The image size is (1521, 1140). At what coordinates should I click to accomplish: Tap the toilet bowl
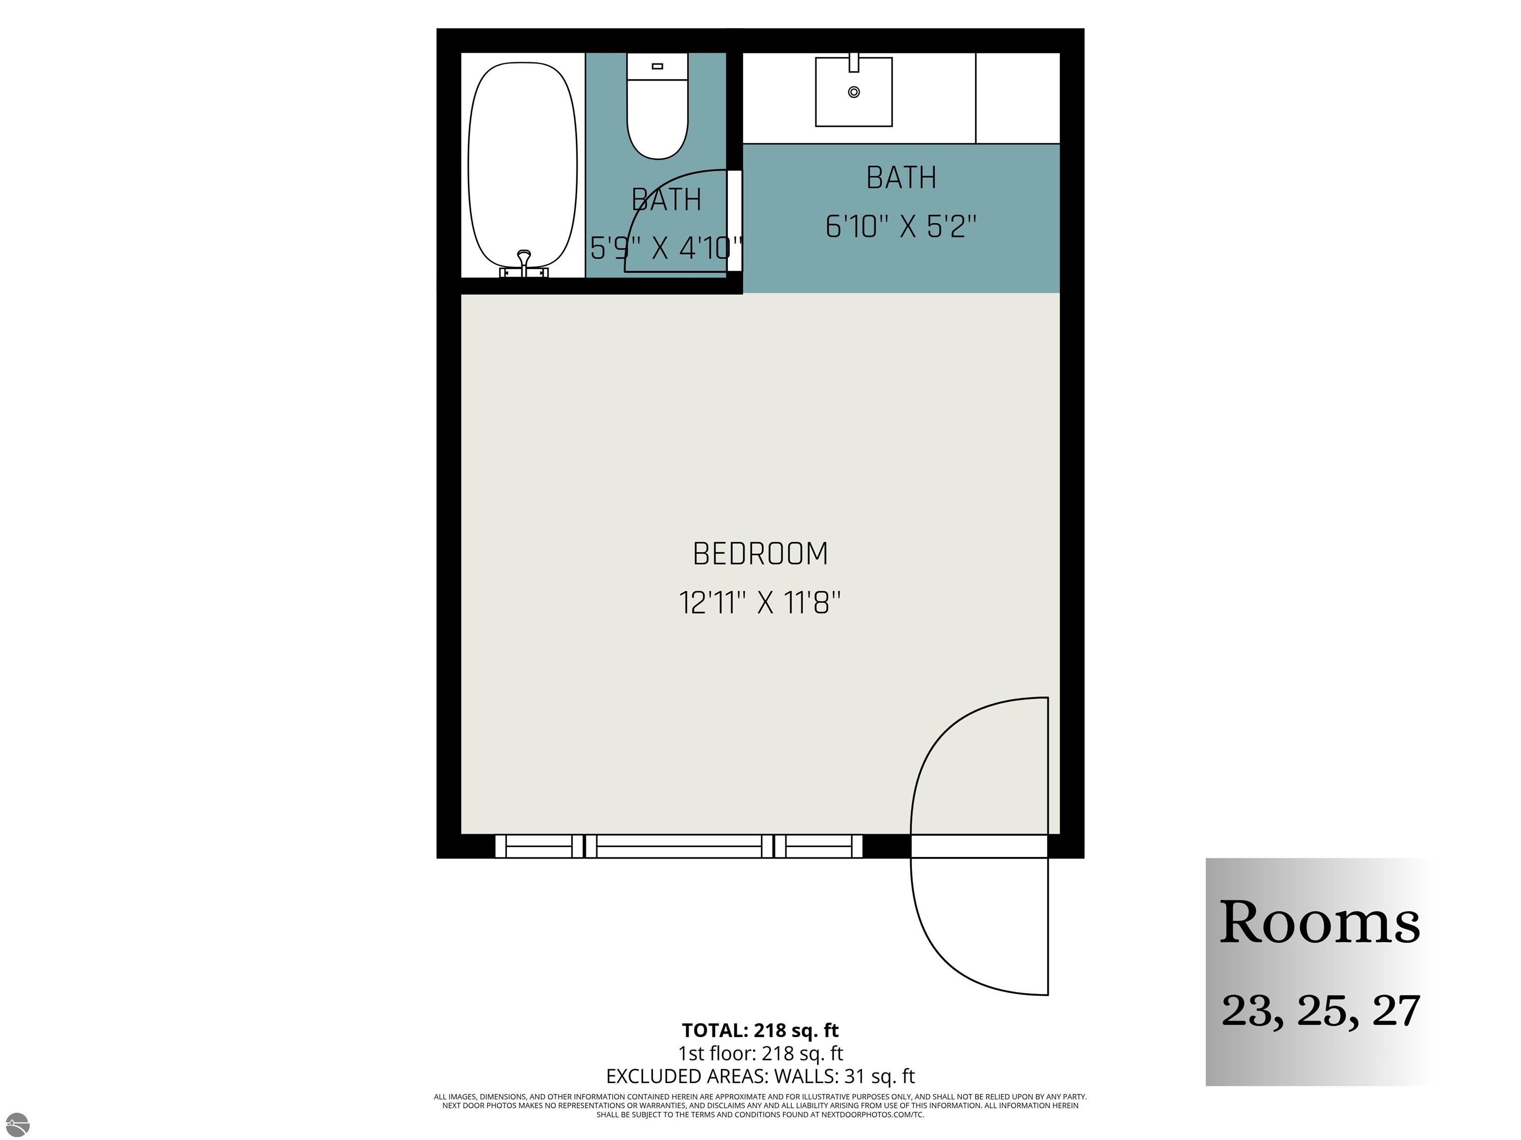[658, 124]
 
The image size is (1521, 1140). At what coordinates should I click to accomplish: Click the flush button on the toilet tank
[658, 66]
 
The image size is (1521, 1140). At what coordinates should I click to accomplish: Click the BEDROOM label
[760, 554]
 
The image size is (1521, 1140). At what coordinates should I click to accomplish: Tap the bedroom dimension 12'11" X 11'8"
[760, 603]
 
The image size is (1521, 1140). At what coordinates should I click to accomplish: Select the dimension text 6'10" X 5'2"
[901, 226]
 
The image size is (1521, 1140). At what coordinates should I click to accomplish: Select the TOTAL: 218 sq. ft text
[760, 1031]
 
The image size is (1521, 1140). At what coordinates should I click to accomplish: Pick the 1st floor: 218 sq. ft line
[760, 1053]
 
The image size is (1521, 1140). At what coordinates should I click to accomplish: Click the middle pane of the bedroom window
[679, 847]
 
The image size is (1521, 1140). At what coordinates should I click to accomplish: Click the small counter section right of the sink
[1017, 98]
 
